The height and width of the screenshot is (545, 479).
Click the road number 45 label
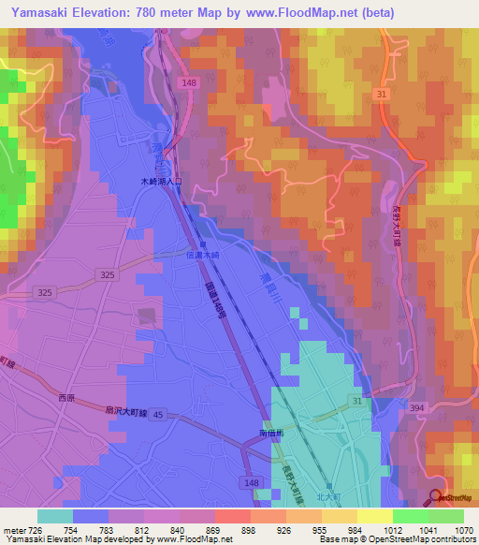(156, 414)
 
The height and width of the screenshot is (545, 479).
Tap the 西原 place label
(65, 398)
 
